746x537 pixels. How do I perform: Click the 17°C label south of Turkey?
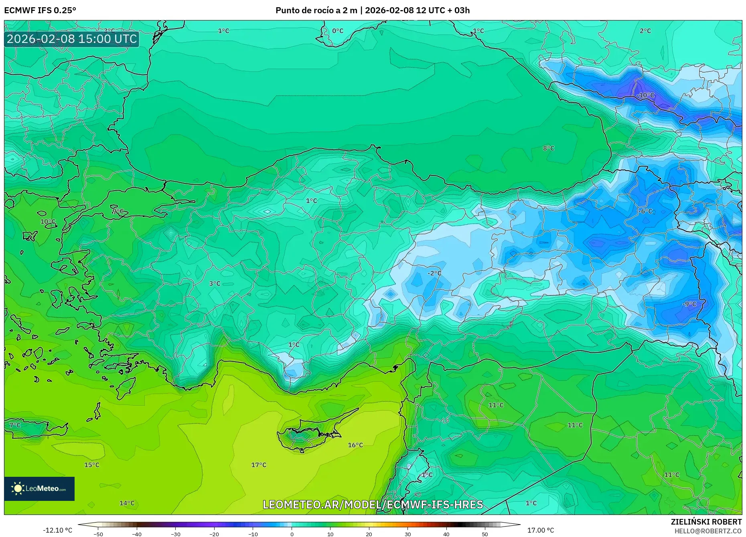(x=259, y=465)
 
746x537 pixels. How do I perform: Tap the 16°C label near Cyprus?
(x=355, y=445)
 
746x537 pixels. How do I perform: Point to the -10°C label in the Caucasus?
(x=645, y=95)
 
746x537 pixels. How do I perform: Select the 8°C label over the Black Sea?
(x=548, y=148)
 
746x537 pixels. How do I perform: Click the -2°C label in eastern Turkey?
(x=434, y=273)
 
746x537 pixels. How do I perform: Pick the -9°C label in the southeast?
(x=689, y=304)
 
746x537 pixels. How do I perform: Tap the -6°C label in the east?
(x=645, y=211)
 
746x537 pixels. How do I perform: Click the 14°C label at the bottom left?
(x=127, y=503)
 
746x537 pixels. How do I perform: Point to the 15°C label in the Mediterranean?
(x=91, y=465)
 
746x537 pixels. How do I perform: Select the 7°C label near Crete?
(x=15, y=425)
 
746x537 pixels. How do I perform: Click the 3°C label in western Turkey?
(x=215, y=283)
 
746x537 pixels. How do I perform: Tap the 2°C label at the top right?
(x=645, y=31)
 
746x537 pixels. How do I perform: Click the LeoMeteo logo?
(x=39, y=488)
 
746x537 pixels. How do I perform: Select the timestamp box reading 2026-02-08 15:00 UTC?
(x=72, y=39)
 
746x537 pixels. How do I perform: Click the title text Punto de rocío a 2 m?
(x=316, y=10)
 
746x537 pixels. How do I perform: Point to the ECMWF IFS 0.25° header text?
(x=40, y=10)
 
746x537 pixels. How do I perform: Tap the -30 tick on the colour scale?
(x=176, y=534)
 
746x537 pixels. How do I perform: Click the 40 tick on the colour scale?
(x=446, y=534)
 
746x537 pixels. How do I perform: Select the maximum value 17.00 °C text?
(x=540, y=530)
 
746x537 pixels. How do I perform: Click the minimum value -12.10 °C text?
(x=58, y=530)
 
